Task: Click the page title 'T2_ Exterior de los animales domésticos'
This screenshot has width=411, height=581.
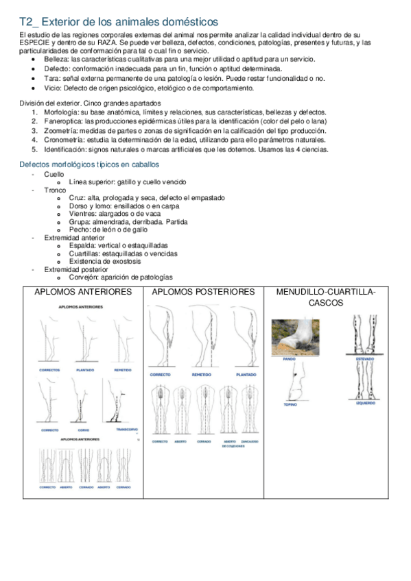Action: [x=119, y=23]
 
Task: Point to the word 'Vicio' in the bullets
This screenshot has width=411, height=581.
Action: [x=51, y=88]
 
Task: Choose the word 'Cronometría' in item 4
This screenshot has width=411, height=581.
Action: [x=62, y=140]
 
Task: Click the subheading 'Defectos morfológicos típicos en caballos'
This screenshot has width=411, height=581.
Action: [x=89, y=165]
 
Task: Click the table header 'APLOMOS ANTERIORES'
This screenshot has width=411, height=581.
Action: [x=83, y=292]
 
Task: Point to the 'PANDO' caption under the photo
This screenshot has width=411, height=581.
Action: [x=290, y=358]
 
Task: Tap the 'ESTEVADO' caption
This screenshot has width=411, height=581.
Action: [x=365, y=358]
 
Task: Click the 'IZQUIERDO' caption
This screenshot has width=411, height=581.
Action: [x=365, y=404]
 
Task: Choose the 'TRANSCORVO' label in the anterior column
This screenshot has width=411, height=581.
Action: [x=127, y=430]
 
